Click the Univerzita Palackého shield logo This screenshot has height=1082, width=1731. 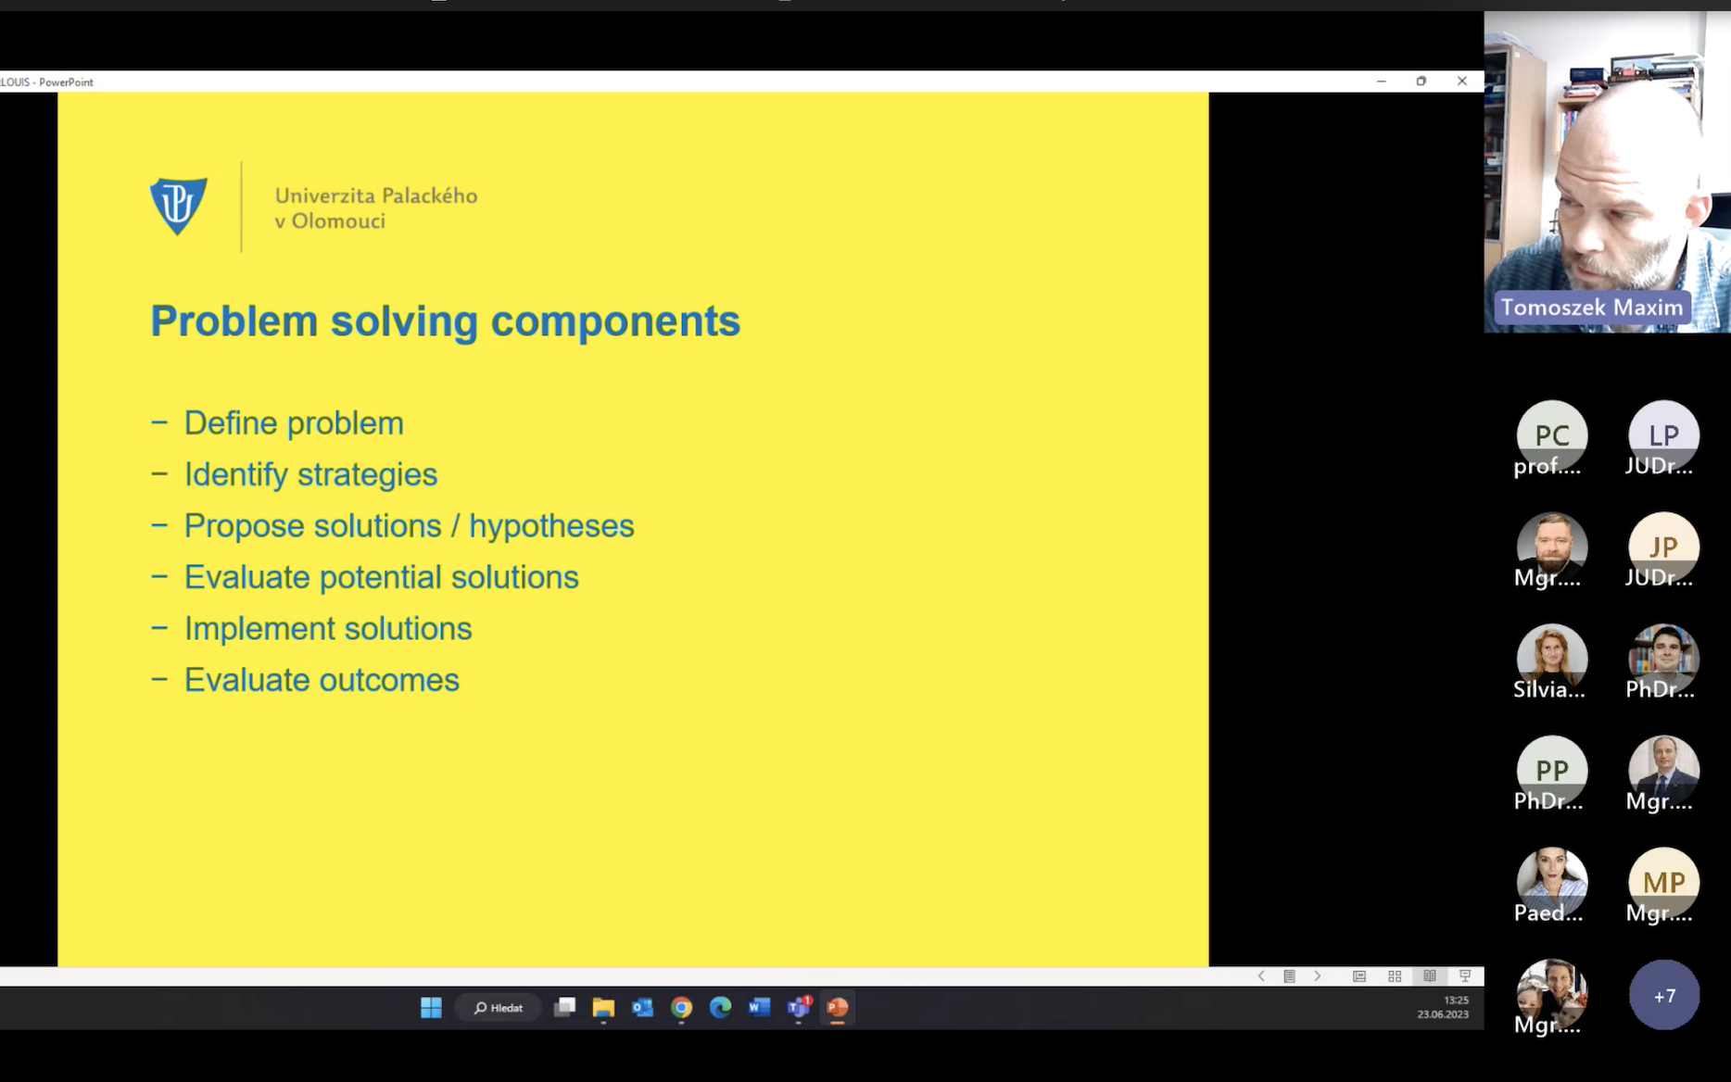pos(179,206)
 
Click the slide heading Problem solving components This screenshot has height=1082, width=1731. pos(445,321)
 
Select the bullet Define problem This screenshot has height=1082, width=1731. pos(294,423)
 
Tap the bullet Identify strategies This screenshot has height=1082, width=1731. pos(310,474)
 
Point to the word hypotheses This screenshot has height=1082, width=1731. pos(551,526)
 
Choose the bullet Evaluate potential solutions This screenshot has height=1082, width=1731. pos(381,577)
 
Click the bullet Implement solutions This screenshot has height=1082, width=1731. pos(328,628)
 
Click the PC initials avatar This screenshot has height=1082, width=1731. pos(1552,434)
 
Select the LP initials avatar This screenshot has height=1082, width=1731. pos(1664,434)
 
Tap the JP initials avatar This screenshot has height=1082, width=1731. pos(1664,547)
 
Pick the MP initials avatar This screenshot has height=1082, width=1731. pos(1664,882)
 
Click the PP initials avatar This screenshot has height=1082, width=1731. pos(1552,770)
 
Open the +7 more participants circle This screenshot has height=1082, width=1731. pos(1664,995)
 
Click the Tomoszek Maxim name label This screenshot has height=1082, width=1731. pos(1592,308)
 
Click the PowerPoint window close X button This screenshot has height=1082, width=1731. pos(1462,82)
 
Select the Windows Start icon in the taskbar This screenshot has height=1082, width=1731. pos(431,1008)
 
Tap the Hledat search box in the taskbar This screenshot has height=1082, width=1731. pos(498,1008)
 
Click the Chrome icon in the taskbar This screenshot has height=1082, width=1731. pos(681,1008)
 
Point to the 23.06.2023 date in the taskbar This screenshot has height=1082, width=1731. pos(1443,1014)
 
